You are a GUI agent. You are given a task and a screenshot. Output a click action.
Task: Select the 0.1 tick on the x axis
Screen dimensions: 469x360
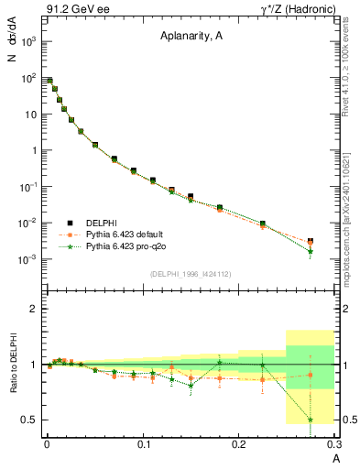tap(143, 444)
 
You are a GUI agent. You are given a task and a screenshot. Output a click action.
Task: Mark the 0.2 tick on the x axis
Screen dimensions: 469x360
tap(240, 444)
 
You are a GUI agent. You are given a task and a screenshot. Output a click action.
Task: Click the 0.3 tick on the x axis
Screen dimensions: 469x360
tap(334, 444)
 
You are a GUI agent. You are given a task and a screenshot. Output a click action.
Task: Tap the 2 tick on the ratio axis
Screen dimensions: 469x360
tap(34, 310)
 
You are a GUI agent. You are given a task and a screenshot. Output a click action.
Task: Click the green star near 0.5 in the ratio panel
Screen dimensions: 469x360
tap(311, 420)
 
